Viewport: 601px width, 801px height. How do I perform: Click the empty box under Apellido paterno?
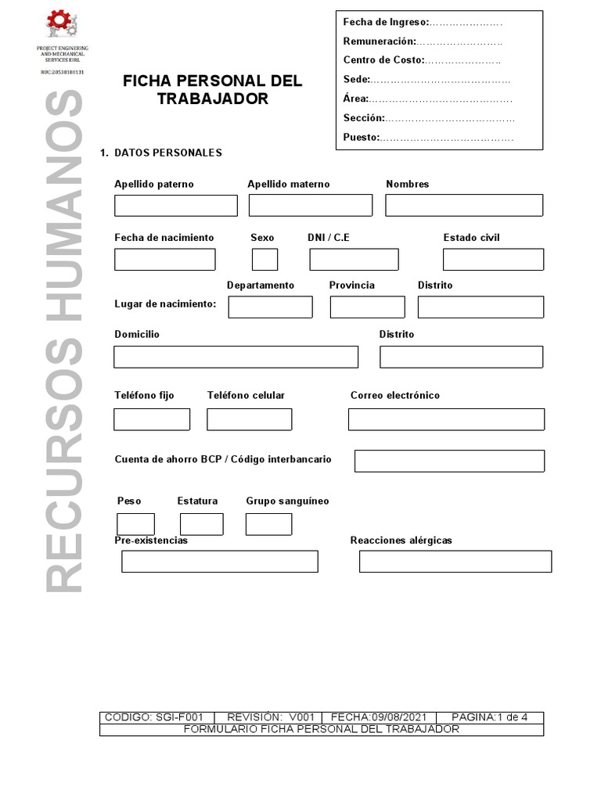pyautogui.click(x=175, y=206)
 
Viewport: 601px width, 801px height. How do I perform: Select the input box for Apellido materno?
pyautogui.click(x=310, y=206)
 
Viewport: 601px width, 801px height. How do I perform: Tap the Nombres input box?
pyautogui.click(x=463, y=206)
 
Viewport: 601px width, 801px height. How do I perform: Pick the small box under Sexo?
pyautogui.click(x=265, y=259)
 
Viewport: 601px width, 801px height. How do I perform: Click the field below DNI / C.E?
pyautogui.click(x=354, y=259)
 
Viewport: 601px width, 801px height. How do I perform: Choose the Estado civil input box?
pyautogui.click(x=493, y=259)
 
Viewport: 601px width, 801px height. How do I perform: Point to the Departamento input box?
pyautogui.click(x=270, y=307)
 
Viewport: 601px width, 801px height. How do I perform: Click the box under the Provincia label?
pyautogui.click(x=367, y=307)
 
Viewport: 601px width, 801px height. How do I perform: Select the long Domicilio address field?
pyautogui.click(x=236, y=357)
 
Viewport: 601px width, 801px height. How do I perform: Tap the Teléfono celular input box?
pyautogui.click(x=249, y=419)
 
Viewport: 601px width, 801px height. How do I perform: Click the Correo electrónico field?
pyautogui.click(x=446, y=419)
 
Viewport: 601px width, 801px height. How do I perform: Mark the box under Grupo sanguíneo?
pyautogui.click(x=268, y=524)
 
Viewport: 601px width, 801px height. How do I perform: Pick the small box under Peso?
pyautogui.click(x=135, y=524)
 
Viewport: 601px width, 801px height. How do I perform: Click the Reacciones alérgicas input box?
pyautogui.click(x=455, y=562)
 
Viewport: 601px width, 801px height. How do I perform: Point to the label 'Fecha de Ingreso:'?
pyautogui.click(x=386, y=22)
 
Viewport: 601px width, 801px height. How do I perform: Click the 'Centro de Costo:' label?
pyautogui.click(x=383, y=60)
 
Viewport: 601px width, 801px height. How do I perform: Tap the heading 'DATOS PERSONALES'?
pyautogui.click(x=167, y=153)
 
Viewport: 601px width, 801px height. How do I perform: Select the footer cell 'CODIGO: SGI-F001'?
pyautogui.click(x=154, y=717)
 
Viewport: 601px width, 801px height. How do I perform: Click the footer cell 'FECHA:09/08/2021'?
pyautogui.click(x=379, y=717)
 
